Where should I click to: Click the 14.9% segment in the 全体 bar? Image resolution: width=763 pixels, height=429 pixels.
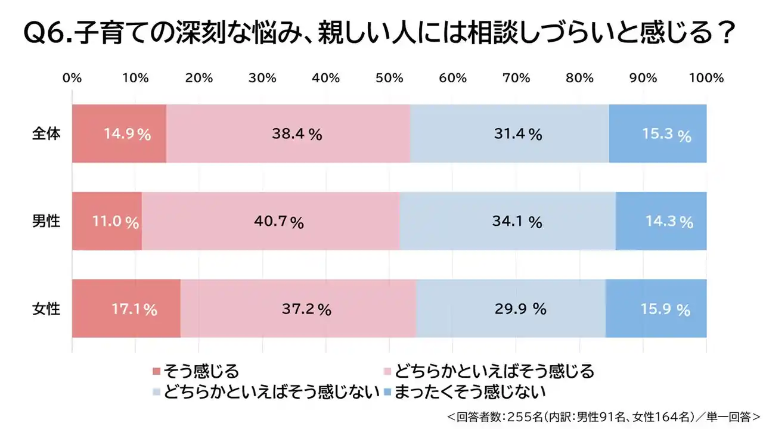point(119,133)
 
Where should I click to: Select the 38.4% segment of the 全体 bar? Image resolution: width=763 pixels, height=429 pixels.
point(289,133)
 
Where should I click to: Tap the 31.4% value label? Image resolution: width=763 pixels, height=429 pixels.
point(518,135)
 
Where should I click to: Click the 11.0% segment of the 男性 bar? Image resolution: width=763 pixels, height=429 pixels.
point(107,221)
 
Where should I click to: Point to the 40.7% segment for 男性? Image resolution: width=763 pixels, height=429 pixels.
point(271,221)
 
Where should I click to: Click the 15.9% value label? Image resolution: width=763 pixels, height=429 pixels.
point(666,310)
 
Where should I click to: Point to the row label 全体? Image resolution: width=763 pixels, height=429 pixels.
point(46,133)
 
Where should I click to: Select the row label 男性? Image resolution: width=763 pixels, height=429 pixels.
point(46,221)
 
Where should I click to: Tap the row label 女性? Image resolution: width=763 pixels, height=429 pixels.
point(46,309)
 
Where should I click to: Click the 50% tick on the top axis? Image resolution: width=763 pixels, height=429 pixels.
point(389,78)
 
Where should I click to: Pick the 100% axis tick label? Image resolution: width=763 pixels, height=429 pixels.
point(706,78)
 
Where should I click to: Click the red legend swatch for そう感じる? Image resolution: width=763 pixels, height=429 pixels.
point(157,371)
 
